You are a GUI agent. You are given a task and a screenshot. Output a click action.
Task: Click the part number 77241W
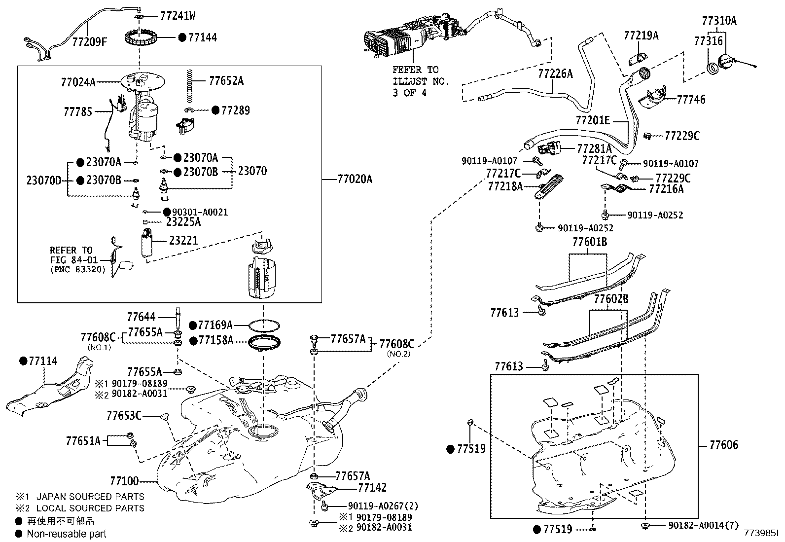pos(178,16)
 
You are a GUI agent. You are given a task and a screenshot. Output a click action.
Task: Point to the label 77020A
pos(355,180)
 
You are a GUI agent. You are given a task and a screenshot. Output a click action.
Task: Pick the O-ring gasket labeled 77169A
pos(264,325)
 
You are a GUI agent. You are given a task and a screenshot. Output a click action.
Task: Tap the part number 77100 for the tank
pos(124,480)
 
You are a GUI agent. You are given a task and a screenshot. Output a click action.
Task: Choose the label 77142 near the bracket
pos(372,488)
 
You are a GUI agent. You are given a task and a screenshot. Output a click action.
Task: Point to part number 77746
pos(691,100)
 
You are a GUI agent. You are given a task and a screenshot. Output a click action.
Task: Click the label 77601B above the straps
pos(589,243)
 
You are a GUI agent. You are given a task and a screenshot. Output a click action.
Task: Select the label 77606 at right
pos(723,445)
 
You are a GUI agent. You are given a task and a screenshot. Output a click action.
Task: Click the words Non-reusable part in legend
pos(66,534)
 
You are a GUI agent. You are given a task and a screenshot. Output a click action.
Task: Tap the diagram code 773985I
pos(761,534)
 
